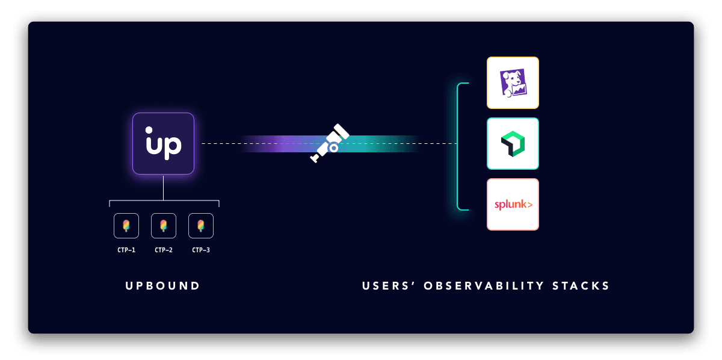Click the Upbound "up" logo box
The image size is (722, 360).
(163, 144)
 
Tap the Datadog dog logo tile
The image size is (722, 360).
(513, 83)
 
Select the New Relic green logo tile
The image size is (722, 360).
(513, 144)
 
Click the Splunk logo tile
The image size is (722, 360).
(513, 205)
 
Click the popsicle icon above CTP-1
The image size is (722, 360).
(126, 226)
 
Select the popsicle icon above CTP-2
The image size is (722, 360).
(164, 226)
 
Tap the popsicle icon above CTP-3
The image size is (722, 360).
(201, 226)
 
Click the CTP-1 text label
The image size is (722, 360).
(126, 250)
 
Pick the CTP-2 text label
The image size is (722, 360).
(164, 250)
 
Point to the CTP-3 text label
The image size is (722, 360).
(201, 250)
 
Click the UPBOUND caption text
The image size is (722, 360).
(163, 286)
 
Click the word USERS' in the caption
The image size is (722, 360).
(387, 286)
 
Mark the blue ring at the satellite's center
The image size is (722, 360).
(333, 147)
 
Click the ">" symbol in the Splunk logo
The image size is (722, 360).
(529, 205)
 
